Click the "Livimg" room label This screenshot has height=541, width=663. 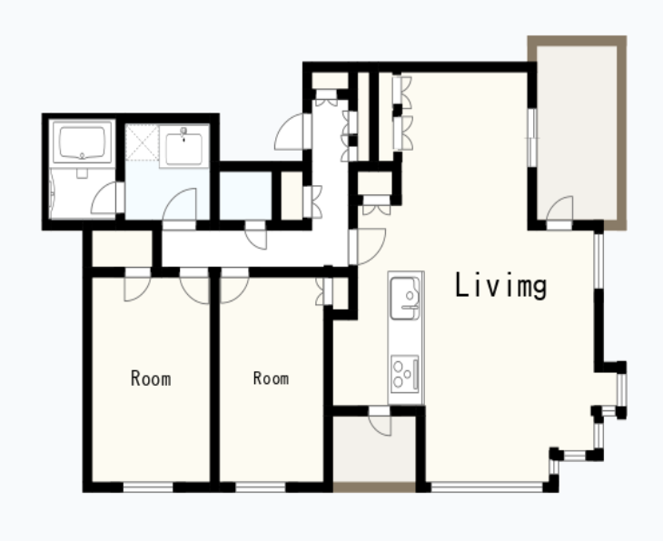(x=500, y=285)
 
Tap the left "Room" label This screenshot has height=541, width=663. (x=151, y=378)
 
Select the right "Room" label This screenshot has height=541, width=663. (x=271, y=378)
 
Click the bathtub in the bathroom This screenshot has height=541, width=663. (x=82, y=142)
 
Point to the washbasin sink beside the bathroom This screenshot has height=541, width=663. (x=184, y=146)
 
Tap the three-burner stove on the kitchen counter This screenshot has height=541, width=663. (x=405, y=374)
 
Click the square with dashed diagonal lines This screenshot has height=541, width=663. (x=142, y=143)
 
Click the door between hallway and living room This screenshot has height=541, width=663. (x=367, y=246)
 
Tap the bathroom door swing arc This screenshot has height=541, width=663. (x=104, y=197)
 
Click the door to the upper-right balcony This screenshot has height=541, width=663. (x=559, y=212)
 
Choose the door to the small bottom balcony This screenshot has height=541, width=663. (x=380, y=421)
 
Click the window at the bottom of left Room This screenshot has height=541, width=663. (x=148, y=487)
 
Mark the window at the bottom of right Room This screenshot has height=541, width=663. (x=261, y=487)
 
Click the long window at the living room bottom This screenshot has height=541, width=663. (x=487, y=487)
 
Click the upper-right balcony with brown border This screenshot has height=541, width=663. (x=577, y=133)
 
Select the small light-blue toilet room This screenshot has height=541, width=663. (x=245, y=196)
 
